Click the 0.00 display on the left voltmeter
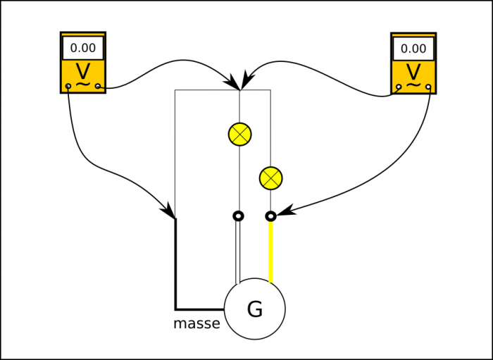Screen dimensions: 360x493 [x=83, y=49]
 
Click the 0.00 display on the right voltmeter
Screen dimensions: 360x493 [x=413, y=49]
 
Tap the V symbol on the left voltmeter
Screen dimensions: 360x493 [x=83, y=72]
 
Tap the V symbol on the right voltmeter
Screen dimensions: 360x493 [x=413, y=72]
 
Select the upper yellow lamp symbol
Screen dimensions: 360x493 [x=240, y=133]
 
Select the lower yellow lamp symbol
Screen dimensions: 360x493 [x=270, y=178]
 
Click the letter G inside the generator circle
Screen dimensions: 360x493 [x=255, y=309]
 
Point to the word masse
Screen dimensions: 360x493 [x=196, y=324]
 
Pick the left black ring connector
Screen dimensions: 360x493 [x=239, y=216]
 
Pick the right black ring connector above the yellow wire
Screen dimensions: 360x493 [x=270, y=216]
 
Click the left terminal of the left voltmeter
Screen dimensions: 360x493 [x=68, y=87]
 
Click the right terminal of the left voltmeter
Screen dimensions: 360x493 [x=99, y=87]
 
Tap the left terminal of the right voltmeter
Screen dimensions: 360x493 [x=399, y=87]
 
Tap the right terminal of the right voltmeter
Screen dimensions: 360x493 [x=429, y=87]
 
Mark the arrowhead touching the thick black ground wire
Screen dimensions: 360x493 [x=170, y=212]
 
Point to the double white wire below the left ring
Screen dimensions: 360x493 [x=238, y=250]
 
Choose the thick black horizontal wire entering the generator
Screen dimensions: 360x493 [x=200, y=309]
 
